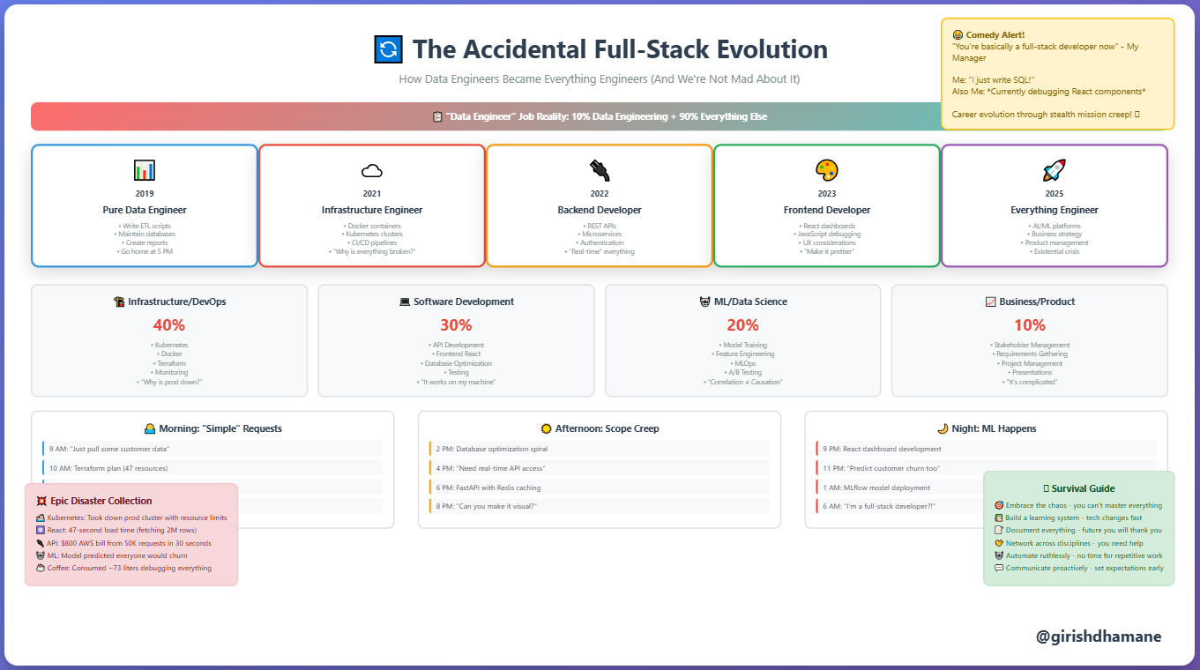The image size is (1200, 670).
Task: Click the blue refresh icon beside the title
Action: pos(388,49)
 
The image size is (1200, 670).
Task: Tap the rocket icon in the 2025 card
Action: pos(1055,170)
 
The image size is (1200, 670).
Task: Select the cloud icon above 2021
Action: pos(372,170)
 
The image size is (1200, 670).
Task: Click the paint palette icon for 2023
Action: pos(827,170)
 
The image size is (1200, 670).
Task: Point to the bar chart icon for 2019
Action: pos(145,170)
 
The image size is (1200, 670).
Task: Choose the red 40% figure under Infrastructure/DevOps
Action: pos(168,324)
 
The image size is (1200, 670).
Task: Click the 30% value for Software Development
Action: pos(456,324)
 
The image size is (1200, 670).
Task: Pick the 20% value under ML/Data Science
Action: pos(742,324)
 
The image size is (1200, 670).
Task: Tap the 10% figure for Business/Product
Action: pos(1029,324)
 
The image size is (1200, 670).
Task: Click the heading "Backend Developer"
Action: pos(600,210)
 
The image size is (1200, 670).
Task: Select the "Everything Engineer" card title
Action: pos(1055,210)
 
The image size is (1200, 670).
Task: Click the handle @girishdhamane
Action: pos(1099,636)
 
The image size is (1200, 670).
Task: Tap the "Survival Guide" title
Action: pos(1083,488)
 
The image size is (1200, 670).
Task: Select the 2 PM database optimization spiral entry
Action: pos(600,449)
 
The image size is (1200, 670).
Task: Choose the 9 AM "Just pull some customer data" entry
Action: pos(212,449)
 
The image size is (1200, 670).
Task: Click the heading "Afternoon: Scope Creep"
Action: pos(600,428)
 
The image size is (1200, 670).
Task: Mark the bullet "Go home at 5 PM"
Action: pos(145,251)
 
